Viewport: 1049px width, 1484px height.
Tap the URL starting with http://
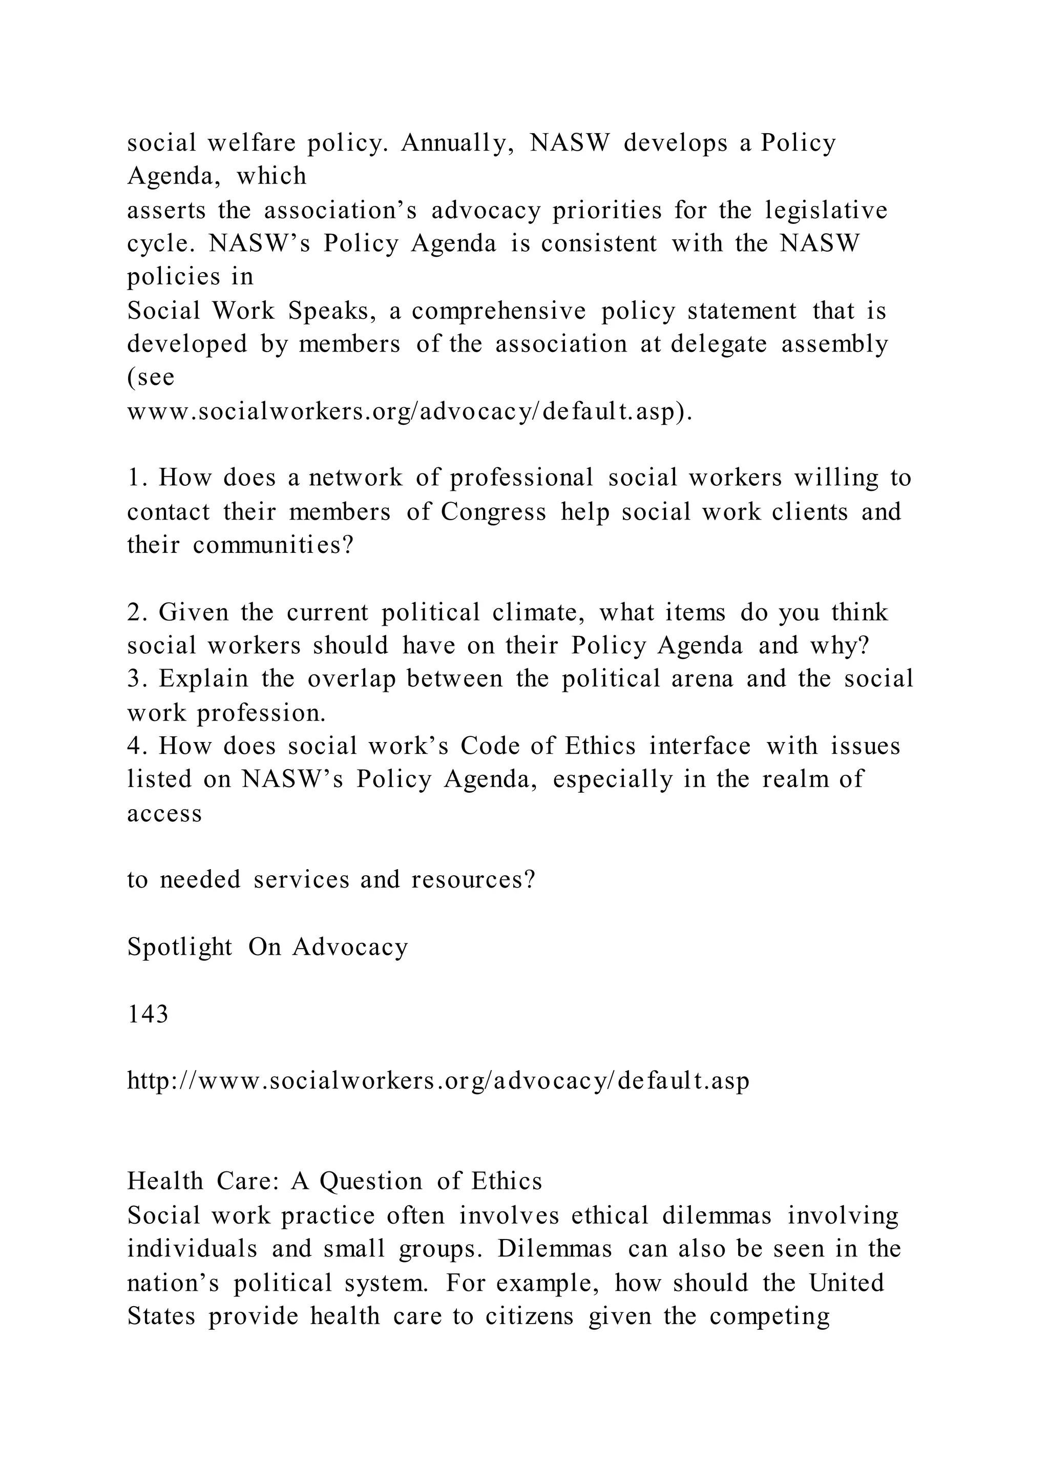click(438, 1081)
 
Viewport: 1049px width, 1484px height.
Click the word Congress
click(493, 512)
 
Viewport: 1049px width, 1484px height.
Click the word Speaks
click(332, 312)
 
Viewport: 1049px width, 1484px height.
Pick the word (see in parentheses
click(151, 378)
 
